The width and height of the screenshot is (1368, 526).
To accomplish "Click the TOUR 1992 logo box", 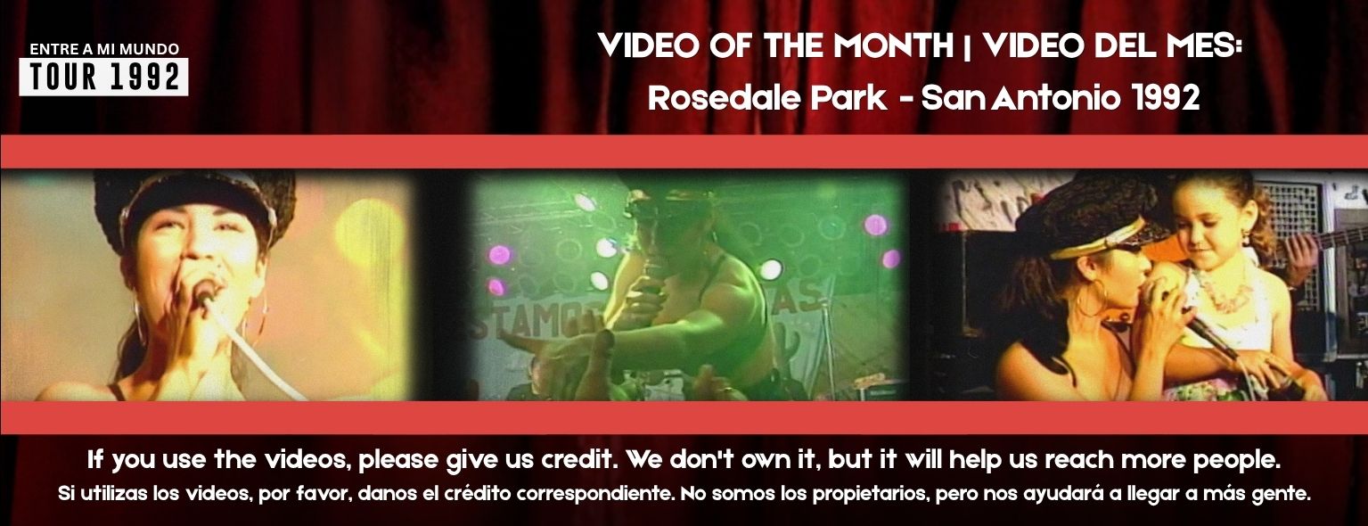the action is [x=103, y=77].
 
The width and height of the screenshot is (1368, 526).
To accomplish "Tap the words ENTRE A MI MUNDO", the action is [x=104, y=49].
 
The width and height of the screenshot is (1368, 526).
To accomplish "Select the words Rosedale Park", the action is [x=767, y=97].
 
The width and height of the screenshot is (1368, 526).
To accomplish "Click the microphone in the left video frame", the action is [x=205, y=292].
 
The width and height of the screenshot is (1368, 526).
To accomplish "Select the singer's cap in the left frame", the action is [x=194, y=201].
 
